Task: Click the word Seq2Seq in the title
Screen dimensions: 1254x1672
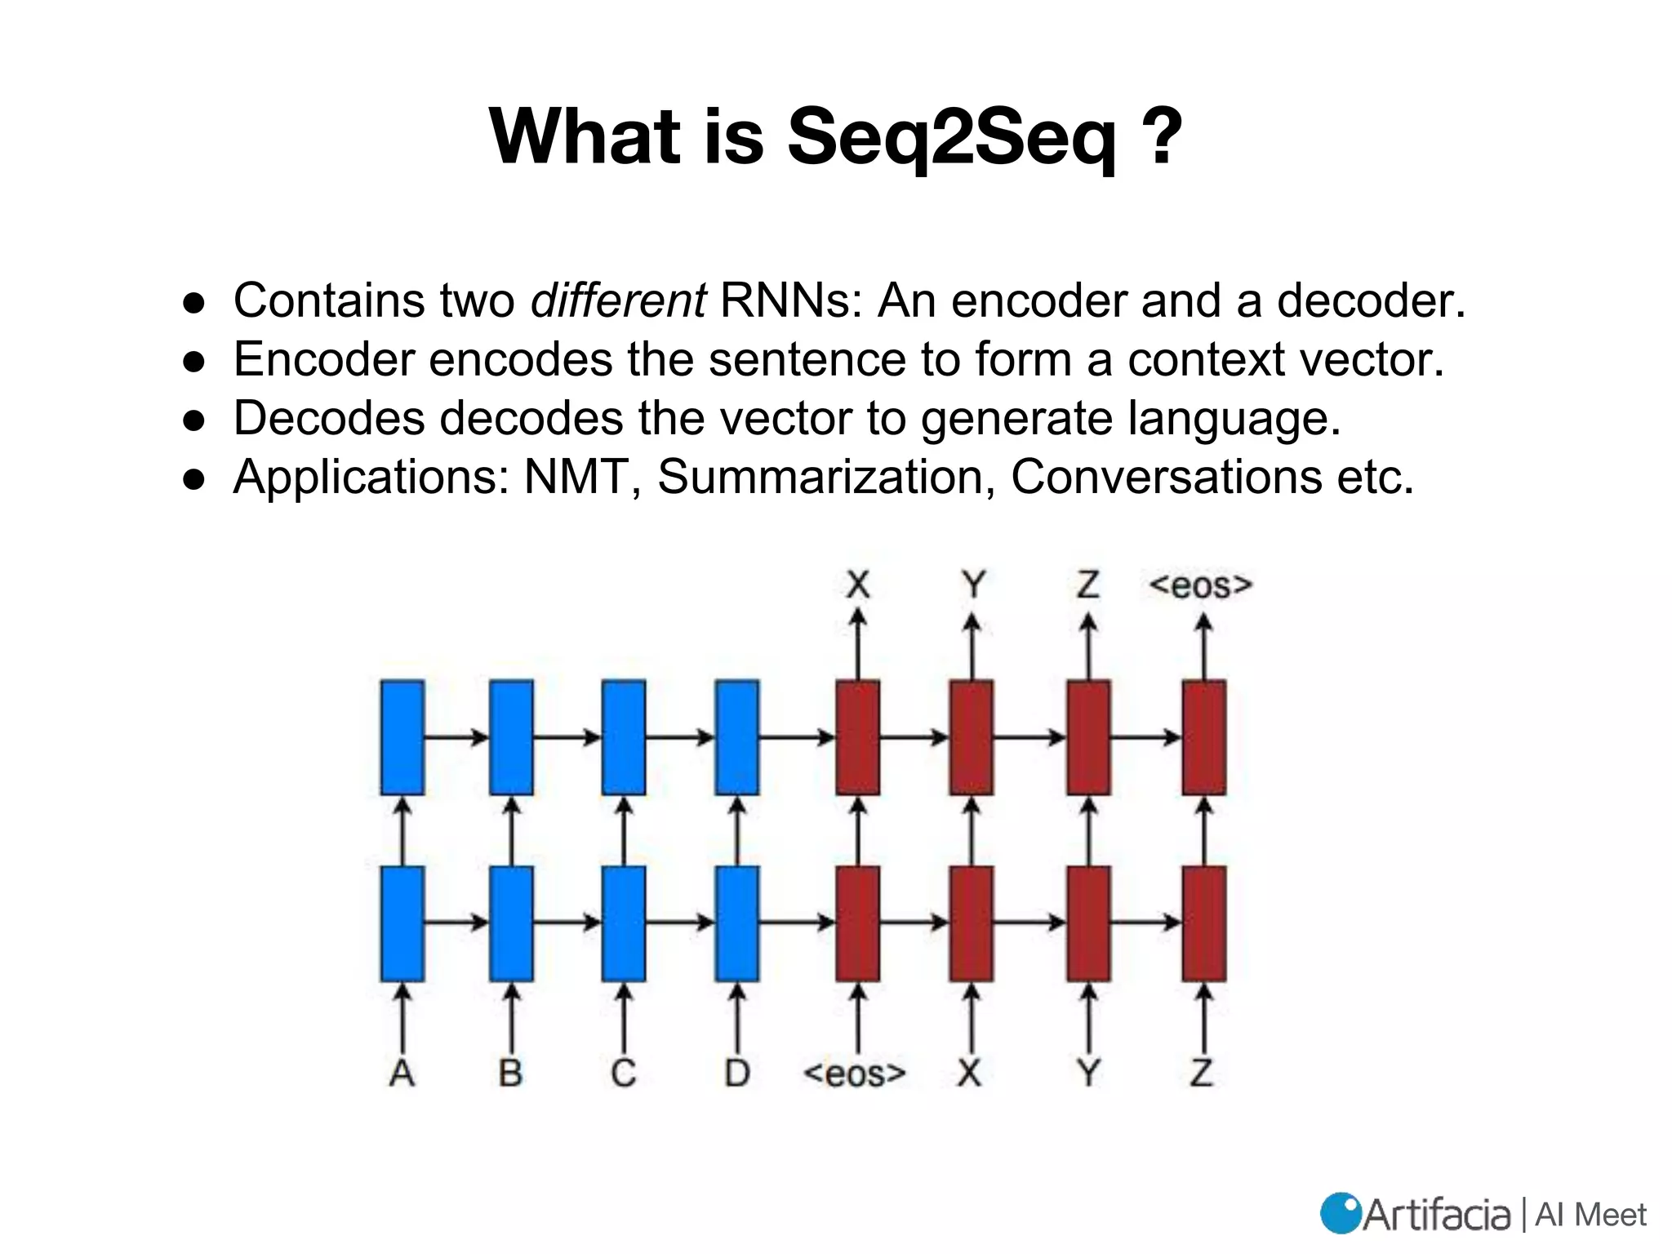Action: tap(951, 137)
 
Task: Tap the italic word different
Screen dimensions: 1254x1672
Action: tap(618, 300)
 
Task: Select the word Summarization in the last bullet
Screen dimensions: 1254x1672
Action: tap(825, 477)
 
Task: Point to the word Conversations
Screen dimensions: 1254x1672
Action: tap(1166, 477)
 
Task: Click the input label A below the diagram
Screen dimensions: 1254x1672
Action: tap(402, 1072)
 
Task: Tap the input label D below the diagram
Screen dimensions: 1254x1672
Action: tap(737, 1072)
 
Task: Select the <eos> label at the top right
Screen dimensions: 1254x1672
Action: tap(1201, 585)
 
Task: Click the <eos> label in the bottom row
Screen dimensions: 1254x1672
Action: tap(855, 1073)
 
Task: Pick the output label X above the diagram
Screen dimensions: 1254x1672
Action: tap(858, 585)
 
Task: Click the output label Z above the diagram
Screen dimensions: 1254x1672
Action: tap(1087, 585)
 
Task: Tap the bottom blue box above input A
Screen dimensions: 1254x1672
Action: tap(402, 923)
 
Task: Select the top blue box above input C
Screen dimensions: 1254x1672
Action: tap(624, 737)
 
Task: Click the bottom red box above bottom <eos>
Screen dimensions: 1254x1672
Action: tap(858, 923)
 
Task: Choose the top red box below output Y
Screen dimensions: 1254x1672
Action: tap(972, 737)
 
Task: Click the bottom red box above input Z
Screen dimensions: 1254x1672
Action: tap(1204, 923)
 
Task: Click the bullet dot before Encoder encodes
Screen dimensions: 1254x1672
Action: tap(194, 361)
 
